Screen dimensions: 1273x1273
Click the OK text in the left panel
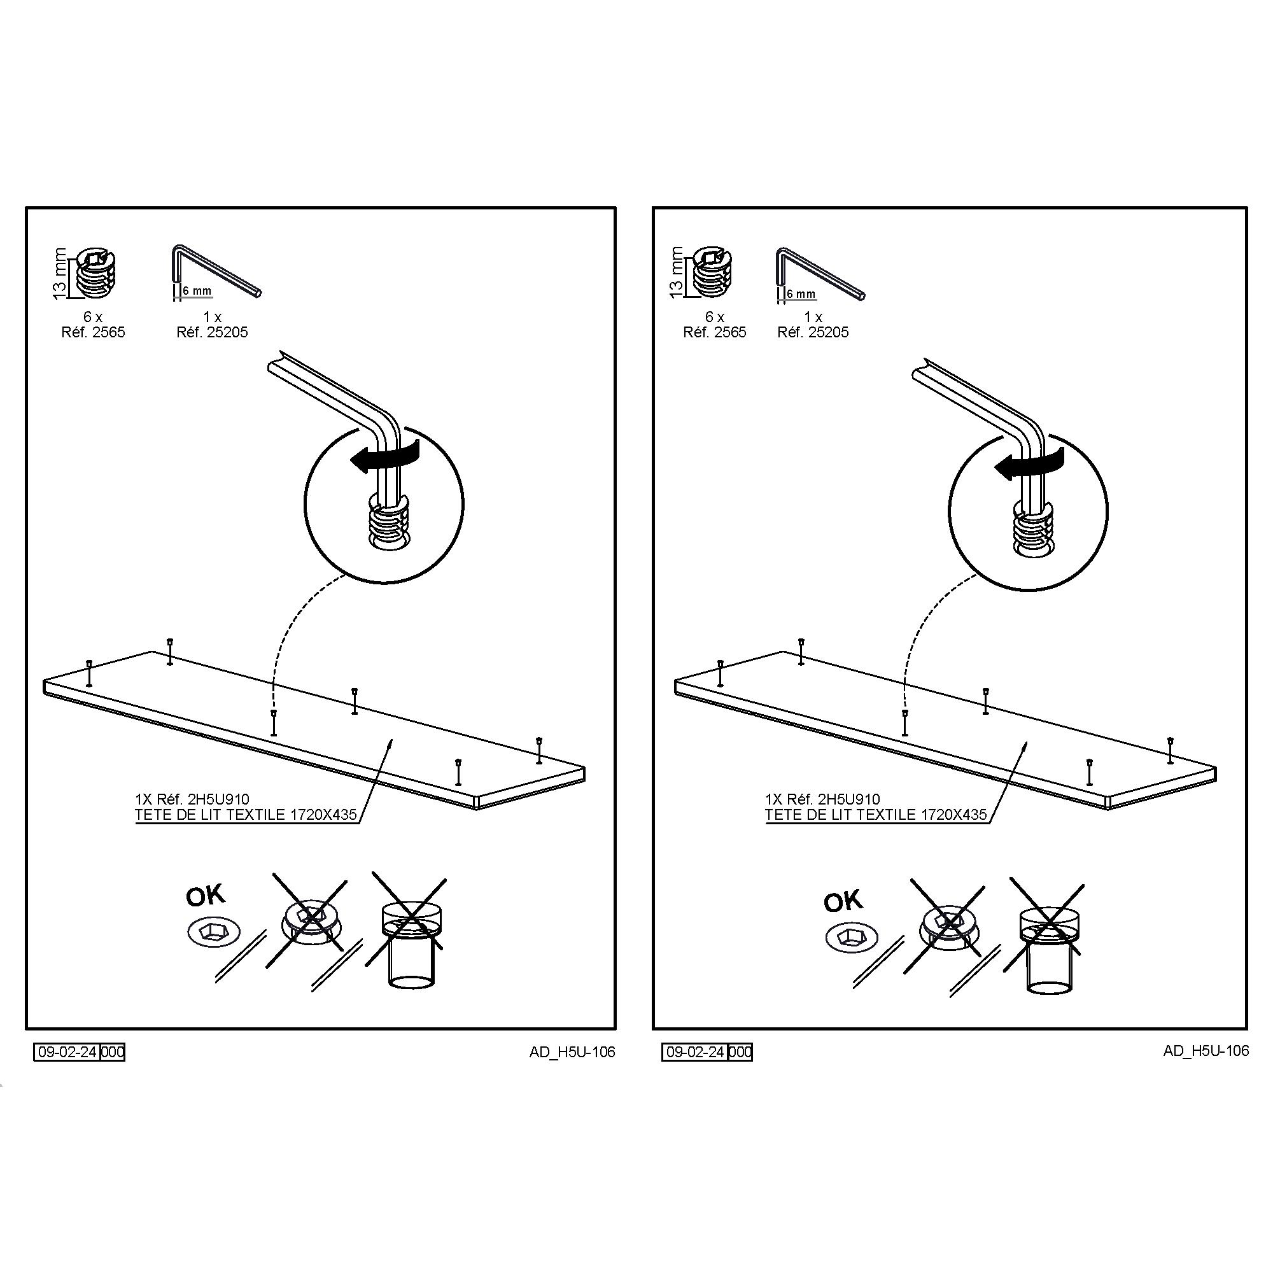(x=205, y=897)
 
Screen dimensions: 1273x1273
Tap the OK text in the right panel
(x=843, y=902)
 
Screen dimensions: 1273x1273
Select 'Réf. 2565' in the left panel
(x=93, y=332)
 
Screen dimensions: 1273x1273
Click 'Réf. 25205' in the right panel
(x=813, y=332)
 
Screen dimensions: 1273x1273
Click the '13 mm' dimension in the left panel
(x=60, y=273)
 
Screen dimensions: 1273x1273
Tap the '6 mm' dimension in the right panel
(x=801, y=294)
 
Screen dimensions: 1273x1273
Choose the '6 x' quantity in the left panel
(x=93, y=317)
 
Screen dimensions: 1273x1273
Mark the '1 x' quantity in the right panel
(x=813, y=317)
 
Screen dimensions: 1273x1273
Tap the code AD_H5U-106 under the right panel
(x=1206, y=1051)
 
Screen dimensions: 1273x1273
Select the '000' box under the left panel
(x=113, y=1051)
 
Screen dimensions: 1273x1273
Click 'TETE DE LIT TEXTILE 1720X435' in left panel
(x=246, y=815)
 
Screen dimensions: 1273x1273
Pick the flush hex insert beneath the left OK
(x=213, y=932)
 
